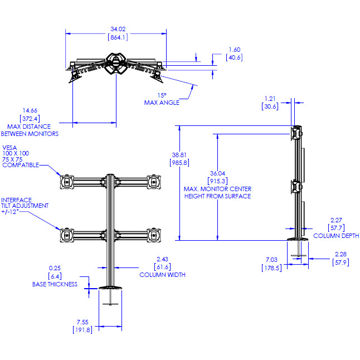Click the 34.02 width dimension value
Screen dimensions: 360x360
(117, 29)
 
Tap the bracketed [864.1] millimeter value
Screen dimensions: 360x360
(117, 37)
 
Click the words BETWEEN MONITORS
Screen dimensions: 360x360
(30, 134)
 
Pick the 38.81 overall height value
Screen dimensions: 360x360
(179, 154)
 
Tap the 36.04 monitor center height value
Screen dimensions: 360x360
(217, 173)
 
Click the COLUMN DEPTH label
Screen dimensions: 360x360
(336, 236)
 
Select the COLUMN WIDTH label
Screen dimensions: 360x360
(162, 275)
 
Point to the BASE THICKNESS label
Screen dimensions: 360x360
(55, 284)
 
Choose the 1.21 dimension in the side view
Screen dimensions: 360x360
(270, 98)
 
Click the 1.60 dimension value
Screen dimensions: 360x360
(234, 49)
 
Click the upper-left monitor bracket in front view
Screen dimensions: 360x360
(67, 181)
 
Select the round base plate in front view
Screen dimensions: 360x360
(110, 288)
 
